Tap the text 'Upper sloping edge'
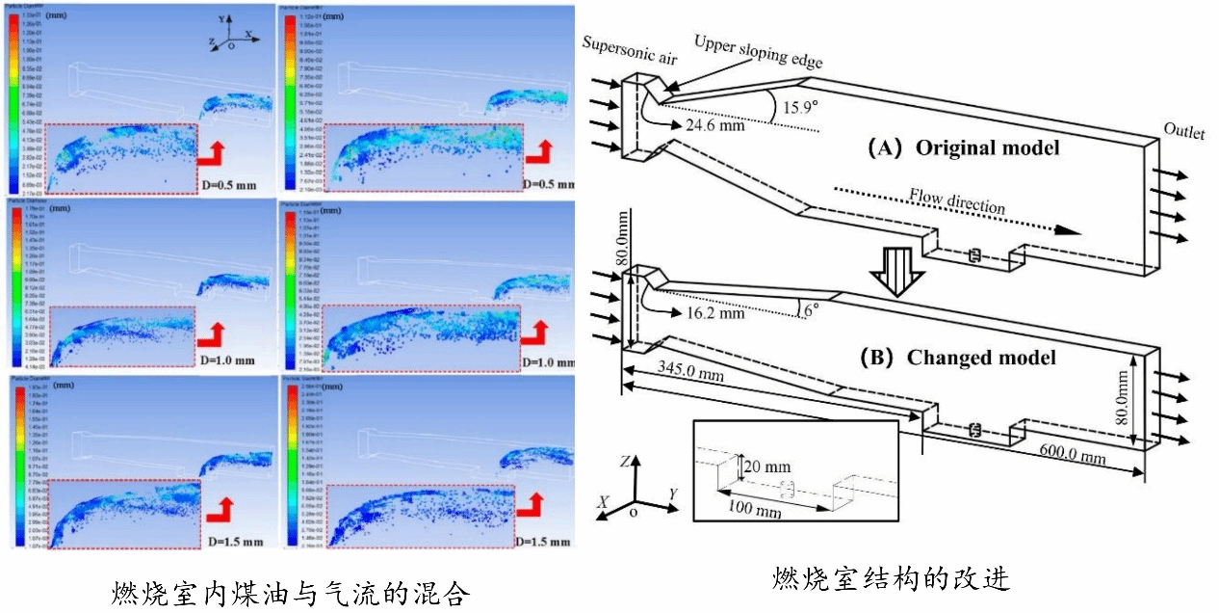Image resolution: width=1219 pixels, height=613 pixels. pos(758,52)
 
